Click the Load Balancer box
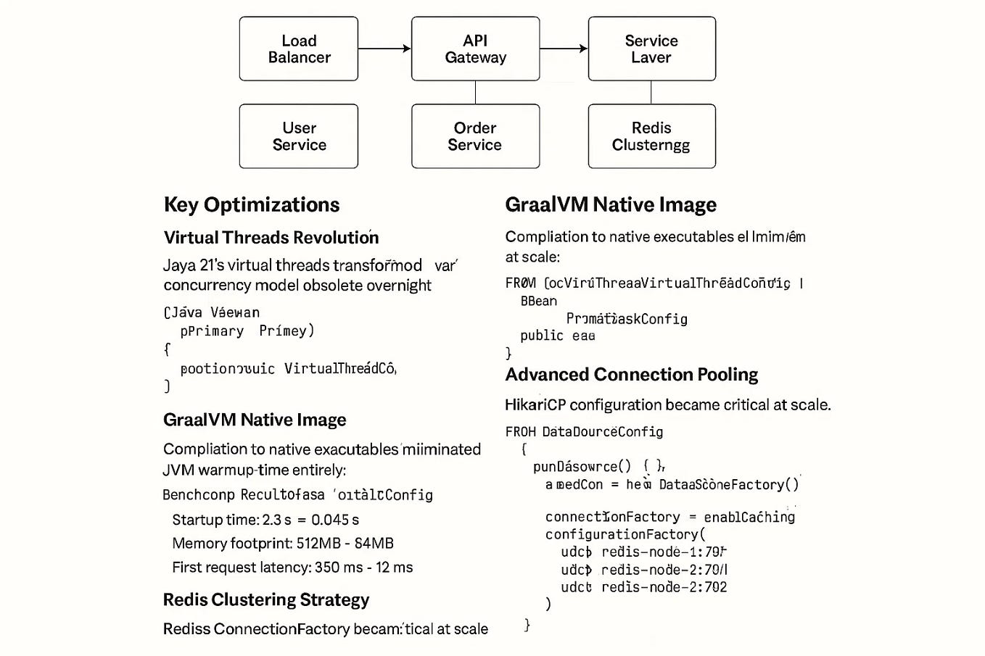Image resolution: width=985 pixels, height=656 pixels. pos(299,49)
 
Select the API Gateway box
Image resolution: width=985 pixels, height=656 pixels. pos(475,49)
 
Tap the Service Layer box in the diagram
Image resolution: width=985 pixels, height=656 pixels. pos(651,49)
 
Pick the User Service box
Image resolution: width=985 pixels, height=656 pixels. pos(299,136)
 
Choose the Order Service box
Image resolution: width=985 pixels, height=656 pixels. pos(475,136)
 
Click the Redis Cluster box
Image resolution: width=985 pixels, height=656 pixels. pos(651,136)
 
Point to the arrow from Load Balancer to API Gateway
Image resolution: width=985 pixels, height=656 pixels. pos(384,49)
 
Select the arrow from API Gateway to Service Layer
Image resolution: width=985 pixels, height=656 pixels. pos(564,49)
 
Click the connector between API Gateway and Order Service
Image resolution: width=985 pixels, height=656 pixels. pos(475,92)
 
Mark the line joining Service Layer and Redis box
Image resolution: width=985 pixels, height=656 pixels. pos(651,92)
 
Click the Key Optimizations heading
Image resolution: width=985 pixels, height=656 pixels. pos(251,205)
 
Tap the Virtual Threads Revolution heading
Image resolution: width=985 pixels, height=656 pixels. pos(271,238)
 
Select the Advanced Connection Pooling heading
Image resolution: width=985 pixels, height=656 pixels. pos(631,375)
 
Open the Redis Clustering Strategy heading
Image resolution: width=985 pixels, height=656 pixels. pos(265,600)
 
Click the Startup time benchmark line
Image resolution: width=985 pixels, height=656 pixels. pos(265,520)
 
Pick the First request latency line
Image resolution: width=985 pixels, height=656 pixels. pos(292,568)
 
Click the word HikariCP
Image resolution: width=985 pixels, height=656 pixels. pos(535,405)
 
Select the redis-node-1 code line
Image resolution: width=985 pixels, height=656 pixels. pos(643,552)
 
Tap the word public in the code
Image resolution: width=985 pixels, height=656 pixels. pos(541,336)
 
